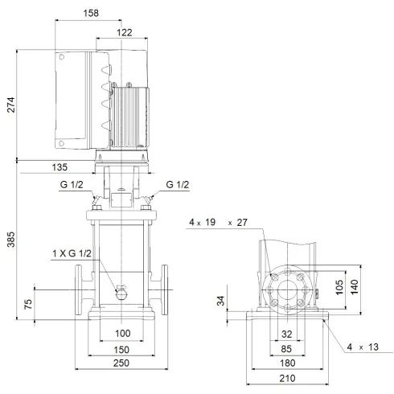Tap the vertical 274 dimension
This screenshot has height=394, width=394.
click(x=10, y=105)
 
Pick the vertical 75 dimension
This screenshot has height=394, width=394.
click(x=28, y=304)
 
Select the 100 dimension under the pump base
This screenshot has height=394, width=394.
click(x=122, y=333)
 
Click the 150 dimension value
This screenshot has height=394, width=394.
click(x=122, y=350)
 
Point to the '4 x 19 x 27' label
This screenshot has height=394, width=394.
click(x=218, y=222)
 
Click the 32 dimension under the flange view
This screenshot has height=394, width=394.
click(x=287, y=333)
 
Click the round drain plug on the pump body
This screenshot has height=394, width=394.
click(x=121, y=293)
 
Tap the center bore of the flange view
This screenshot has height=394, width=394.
click(x=287, y=289)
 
